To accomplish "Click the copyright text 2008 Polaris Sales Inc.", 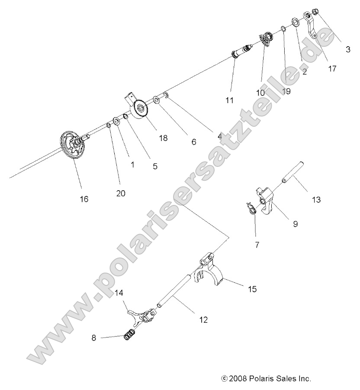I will pyautogui.click(x=266, y=378).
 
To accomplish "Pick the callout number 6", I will pyautogui.click(x=193, y=141).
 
